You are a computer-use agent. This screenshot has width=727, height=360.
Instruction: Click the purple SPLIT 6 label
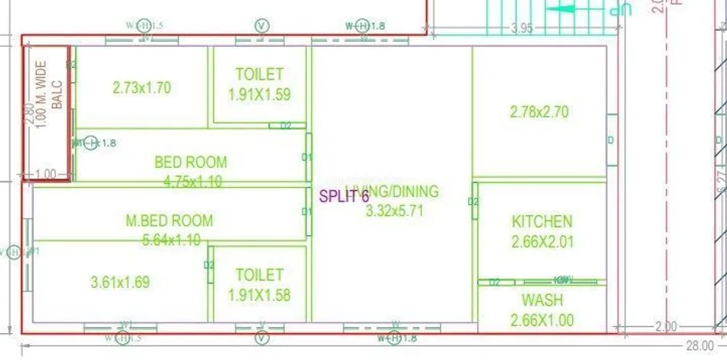tap(344, 197)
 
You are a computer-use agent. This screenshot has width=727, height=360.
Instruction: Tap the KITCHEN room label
tap(542, 222)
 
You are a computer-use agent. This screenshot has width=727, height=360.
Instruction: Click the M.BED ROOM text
tap(169, 221)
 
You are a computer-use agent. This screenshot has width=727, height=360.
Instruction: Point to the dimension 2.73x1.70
tap(141, 87)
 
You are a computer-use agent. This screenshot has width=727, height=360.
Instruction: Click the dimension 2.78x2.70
tap(539, 112)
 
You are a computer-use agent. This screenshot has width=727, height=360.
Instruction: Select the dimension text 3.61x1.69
tap(120, 282)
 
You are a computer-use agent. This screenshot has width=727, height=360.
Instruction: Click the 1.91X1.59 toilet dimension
tap(260, 95)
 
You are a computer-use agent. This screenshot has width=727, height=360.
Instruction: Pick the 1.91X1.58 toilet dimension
tap(260, 295)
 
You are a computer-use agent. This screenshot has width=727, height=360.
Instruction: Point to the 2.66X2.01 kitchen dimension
tap(542, 243)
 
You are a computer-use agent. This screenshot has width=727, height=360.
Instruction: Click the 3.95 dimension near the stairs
tap(522, 29)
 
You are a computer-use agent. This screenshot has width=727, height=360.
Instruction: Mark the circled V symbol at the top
tap(262, 25)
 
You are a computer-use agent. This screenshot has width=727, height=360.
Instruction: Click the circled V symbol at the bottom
tap(262, 338)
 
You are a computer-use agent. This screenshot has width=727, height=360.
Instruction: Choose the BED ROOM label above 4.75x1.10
tap(191, 162)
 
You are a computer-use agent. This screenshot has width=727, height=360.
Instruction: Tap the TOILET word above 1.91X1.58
tap(260, 274)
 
